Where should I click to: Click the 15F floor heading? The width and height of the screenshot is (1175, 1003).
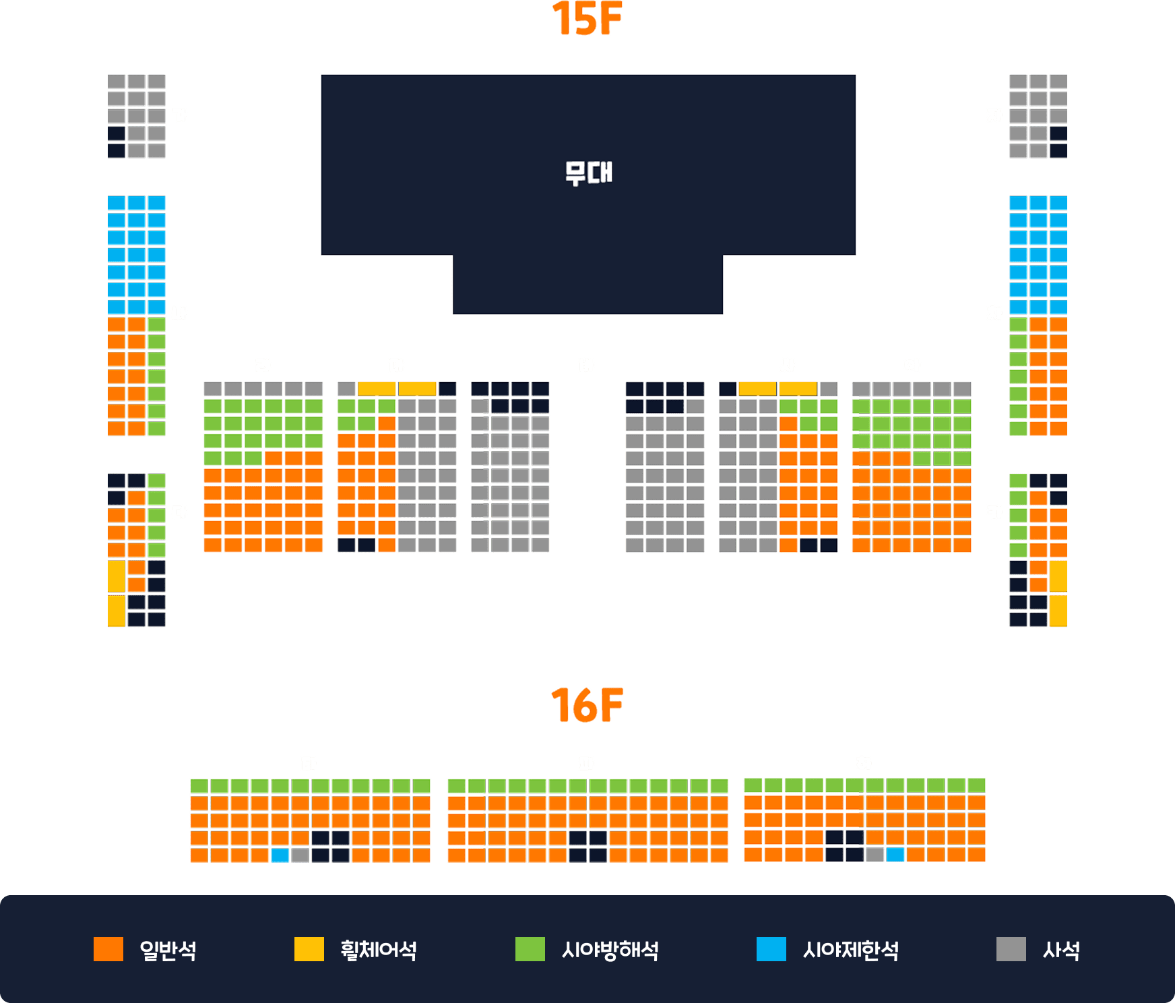coord(587,18)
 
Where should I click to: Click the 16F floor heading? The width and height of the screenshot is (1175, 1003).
coord(587,705)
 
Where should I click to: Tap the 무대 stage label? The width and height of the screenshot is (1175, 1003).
coord(588,173)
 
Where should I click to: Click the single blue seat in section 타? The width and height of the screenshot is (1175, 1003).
coord(280,855)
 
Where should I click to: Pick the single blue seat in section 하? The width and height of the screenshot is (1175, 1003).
coord(895,855)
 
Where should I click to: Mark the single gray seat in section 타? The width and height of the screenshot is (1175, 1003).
coord(300,855)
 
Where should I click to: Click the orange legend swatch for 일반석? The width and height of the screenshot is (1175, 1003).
coord(108,949)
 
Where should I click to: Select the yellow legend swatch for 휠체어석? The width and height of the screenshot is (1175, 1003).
coord(309,949)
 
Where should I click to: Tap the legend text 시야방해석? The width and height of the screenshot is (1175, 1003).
coord(610,950)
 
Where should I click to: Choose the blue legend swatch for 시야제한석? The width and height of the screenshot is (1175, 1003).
coord(771,949)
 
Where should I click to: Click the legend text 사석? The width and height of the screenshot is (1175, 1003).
coord(1061,950)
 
